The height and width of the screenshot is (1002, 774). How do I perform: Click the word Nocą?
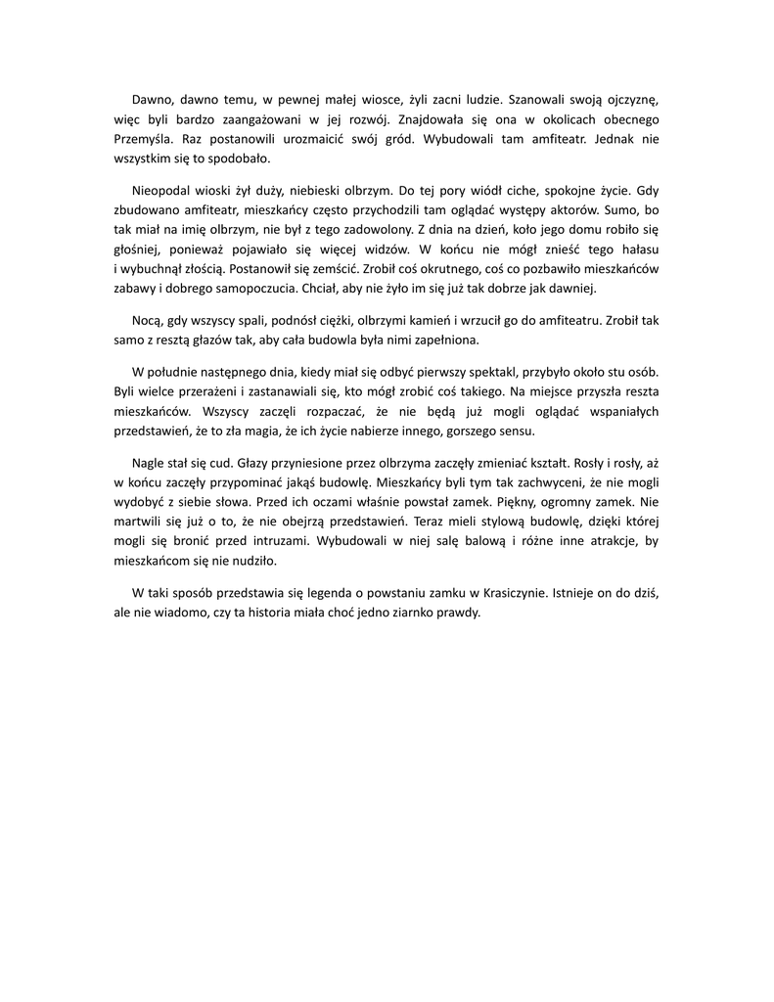pyautogui.click(x=147, y=321)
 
